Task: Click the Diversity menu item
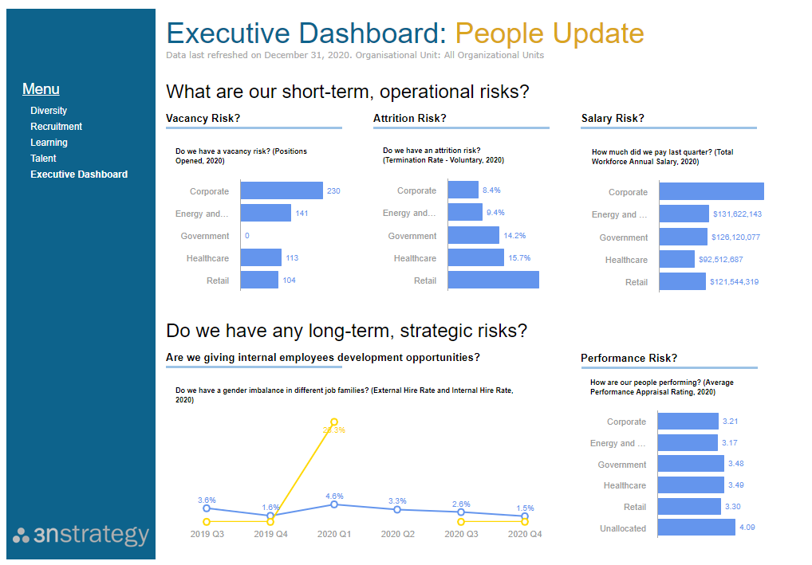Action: coord(49,111)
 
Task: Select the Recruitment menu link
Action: coord(56,127)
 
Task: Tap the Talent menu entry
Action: coord(43,159)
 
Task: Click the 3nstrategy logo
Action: coord(81,535)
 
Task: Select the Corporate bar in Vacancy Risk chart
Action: coord(281,191)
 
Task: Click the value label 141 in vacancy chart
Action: coord(302,214)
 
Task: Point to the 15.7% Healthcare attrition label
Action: coord(519,258)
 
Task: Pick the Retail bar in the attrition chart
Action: coord(493,281)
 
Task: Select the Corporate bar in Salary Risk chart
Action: coord(711,192)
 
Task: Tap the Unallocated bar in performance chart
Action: coord(696,528)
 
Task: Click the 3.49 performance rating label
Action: coord(733,485)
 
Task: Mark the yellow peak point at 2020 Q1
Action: coord(334,422)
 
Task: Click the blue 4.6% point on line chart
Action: coord(334,504)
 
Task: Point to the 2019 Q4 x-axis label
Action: coord(270,535)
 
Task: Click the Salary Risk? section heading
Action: coord(613,119)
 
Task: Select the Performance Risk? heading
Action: coord(629,359)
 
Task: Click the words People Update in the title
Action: coord(549,33)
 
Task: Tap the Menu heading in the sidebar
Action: coord(41,89)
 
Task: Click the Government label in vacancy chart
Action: coord(205,236)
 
